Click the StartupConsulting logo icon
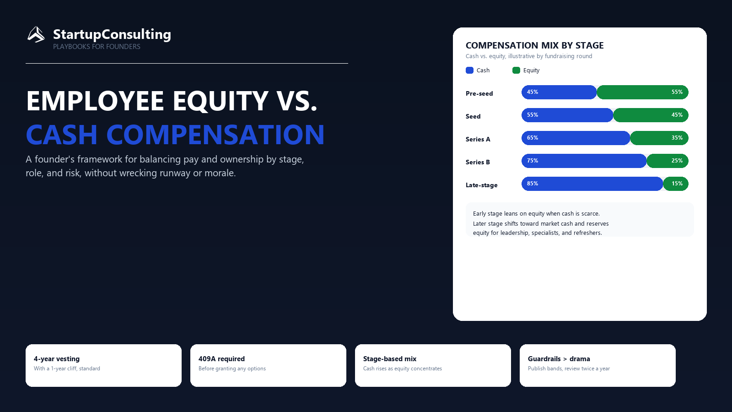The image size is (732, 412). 36,34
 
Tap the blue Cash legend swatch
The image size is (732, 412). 469,70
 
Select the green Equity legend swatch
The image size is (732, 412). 517,70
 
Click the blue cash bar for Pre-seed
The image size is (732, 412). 559,92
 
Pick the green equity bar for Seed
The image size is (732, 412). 651,115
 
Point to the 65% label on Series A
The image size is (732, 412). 533,138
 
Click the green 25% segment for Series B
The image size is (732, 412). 667,161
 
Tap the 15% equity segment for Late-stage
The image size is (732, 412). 676,184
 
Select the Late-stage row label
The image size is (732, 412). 482,185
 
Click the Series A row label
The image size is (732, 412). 478,139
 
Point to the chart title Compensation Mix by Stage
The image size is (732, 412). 535,45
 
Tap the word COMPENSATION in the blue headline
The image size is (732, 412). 215,135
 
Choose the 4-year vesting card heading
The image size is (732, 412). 57,359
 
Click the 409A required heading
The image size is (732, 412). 221,359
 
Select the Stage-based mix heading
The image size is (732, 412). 390,359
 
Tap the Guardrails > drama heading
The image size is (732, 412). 559,359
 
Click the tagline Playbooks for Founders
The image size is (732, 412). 97,47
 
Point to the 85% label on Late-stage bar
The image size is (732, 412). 533,184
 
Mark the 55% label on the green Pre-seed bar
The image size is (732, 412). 677,92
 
